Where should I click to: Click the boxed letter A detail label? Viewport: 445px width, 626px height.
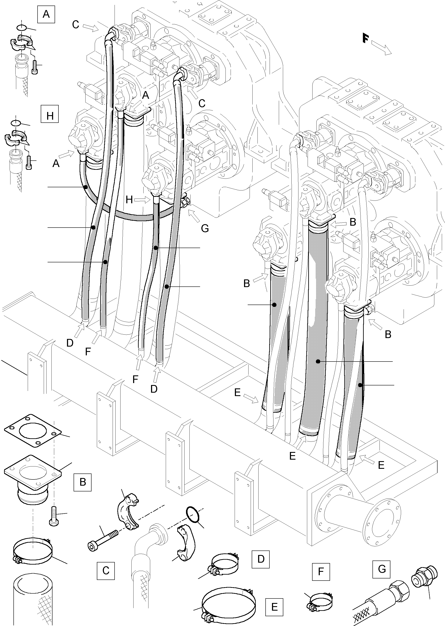46,14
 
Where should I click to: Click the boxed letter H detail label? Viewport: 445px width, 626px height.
49,116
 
